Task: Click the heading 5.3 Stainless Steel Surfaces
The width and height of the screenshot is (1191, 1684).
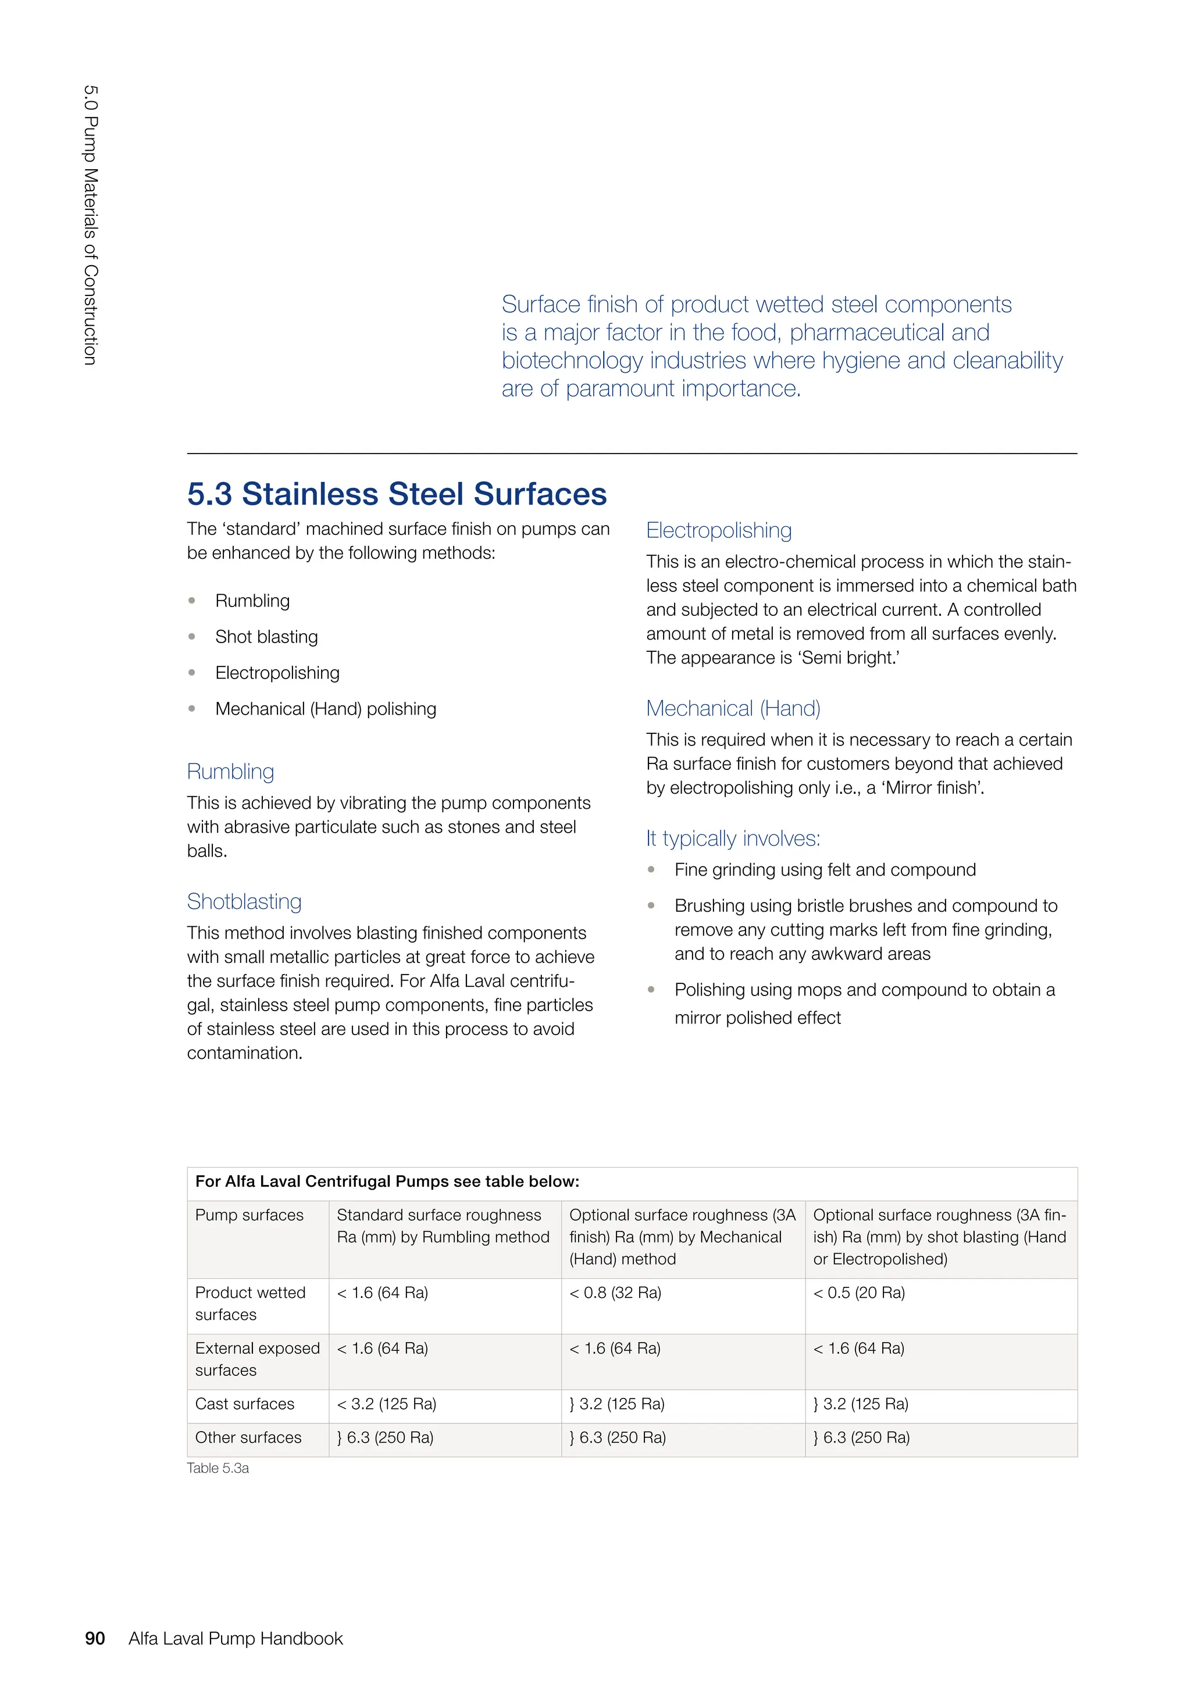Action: [x=397, y=494]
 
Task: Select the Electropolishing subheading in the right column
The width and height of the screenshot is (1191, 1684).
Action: [x=719, y=530]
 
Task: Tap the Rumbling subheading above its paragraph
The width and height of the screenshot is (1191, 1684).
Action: [x=230, y=772]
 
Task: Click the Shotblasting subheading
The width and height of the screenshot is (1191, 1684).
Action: [x=244, y=901]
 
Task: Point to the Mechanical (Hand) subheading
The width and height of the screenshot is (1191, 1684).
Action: [x=733, y=708]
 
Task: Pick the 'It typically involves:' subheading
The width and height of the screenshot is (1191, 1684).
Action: [x=733, y=839]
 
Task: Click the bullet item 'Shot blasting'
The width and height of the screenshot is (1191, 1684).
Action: [x=266, y=637]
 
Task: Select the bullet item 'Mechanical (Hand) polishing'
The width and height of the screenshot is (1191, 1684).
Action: [x=326, y=708]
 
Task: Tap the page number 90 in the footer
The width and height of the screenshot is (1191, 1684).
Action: [x=95, y=1639]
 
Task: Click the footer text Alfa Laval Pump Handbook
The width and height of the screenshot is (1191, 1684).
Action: [x=236, y=1639]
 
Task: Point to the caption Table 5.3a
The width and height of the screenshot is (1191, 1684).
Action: [x=218, y=1468]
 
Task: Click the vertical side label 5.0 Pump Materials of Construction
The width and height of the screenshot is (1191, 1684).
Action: [x=90, y=225]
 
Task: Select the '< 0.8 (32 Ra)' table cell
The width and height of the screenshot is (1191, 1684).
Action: [x=615, y=1292]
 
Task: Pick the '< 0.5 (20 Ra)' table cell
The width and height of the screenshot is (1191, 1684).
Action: [x=859, y=1292]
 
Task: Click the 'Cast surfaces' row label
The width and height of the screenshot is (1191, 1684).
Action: [x=244, y=1404]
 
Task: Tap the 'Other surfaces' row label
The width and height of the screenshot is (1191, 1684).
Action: [x=248, y=1437]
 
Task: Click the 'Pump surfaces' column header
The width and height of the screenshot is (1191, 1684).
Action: [x=249, y=1215]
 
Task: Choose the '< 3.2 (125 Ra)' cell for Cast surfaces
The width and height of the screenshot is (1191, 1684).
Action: [x=387, y=1404]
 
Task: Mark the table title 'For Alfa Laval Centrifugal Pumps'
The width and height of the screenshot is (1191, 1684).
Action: [x=387, y=1182]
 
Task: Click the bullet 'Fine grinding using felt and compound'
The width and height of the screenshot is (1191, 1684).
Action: [x=825, y=870]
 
